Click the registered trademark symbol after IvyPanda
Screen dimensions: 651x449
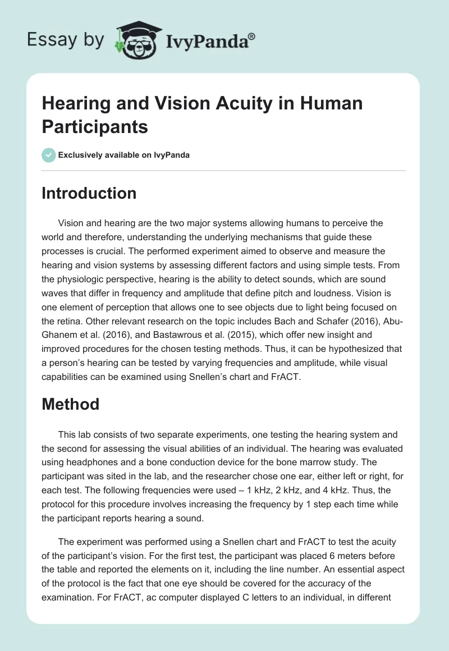[252, 36]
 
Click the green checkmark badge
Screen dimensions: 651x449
[48, 155]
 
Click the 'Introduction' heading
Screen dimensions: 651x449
[89, 193]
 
